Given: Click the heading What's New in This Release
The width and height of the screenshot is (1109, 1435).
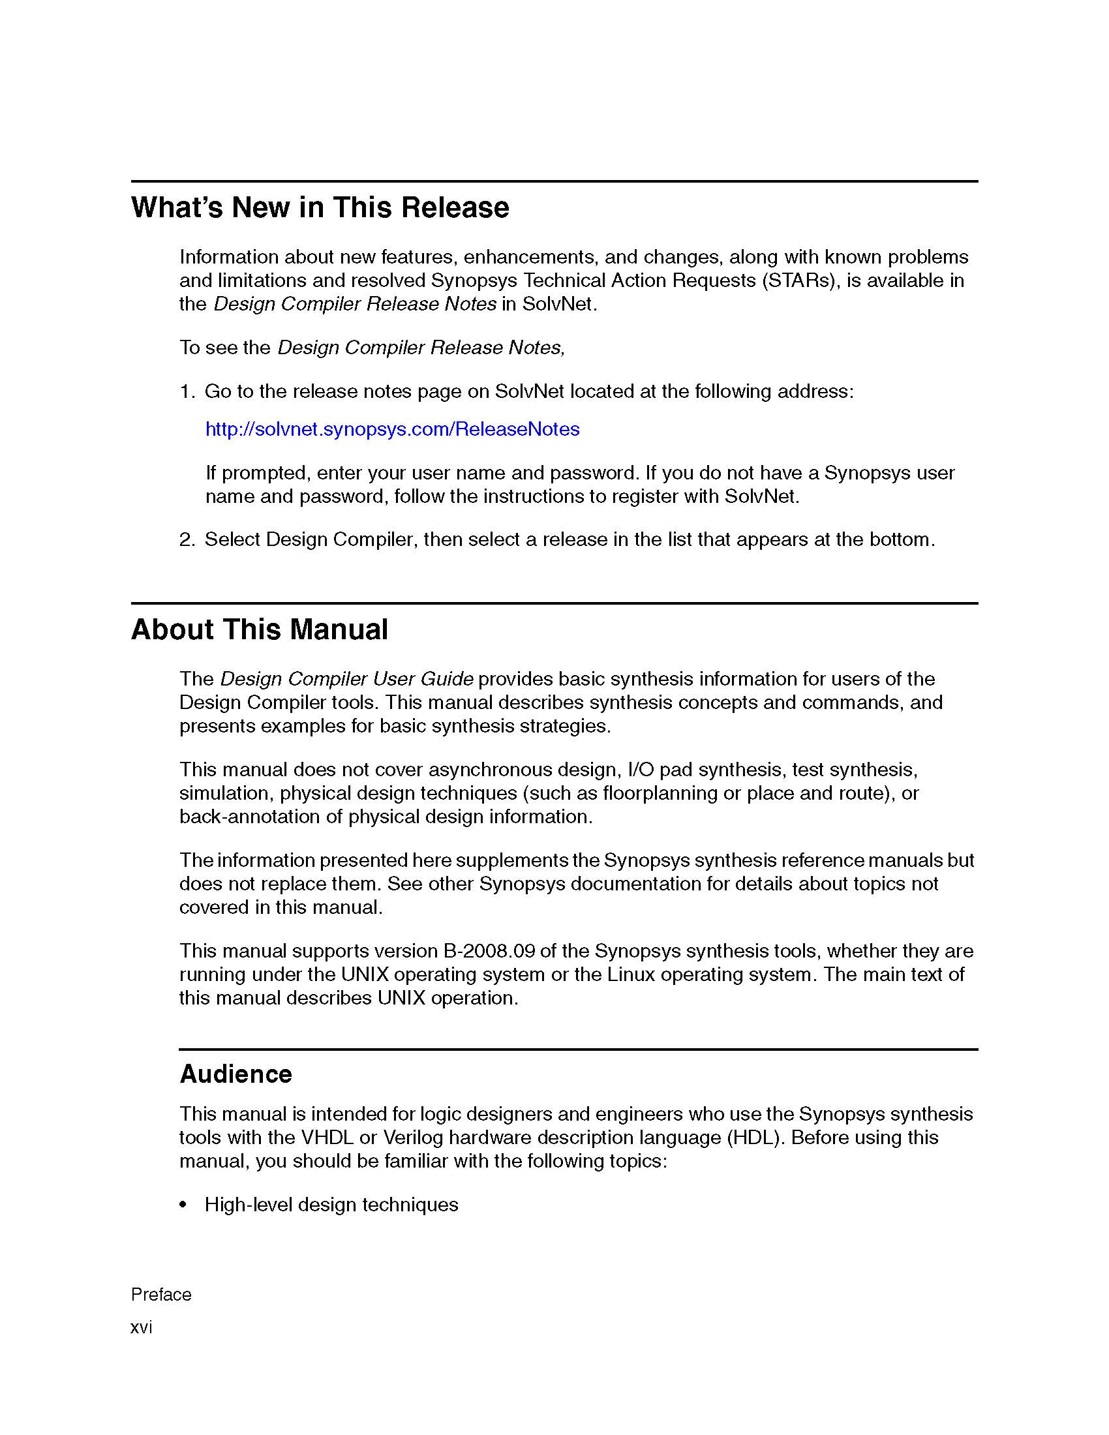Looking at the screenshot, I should point(320,207).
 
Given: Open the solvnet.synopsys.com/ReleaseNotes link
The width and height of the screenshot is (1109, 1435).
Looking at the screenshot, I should point(392,429).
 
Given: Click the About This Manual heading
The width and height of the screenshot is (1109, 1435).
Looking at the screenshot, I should point(260,629).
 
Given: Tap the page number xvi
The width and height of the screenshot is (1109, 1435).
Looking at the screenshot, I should point(142,1327).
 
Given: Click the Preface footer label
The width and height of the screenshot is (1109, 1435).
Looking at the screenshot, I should point(161,1294).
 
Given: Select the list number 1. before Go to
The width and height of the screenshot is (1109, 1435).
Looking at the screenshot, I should point(187,391).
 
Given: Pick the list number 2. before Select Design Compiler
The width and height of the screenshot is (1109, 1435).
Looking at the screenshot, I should point(187,539).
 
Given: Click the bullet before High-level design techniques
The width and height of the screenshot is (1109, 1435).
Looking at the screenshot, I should point(183,1205).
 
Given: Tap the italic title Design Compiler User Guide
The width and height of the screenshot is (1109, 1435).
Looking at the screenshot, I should point(346,679).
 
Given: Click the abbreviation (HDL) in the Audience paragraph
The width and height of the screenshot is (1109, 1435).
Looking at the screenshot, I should point(755,1138).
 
